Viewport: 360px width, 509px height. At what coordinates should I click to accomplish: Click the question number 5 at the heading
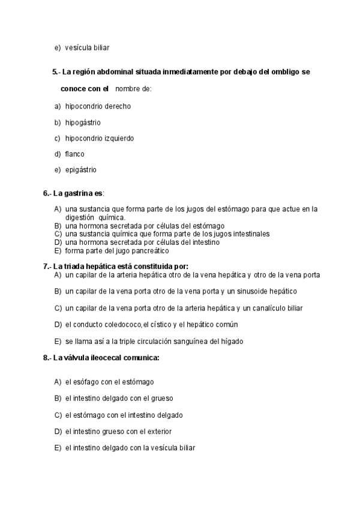pos(55,72)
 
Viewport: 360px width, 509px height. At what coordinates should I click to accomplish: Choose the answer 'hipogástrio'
pos(83,122)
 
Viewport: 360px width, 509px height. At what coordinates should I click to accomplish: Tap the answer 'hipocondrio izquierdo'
pos(99,138)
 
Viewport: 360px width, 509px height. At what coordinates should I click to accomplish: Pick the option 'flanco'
pos(75,154)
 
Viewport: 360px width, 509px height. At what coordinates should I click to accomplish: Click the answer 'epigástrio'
pos(80,170)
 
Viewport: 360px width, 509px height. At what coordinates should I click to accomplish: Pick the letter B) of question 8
pos(58,398)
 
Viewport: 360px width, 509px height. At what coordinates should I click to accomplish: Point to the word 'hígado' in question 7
pos(232,342)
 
